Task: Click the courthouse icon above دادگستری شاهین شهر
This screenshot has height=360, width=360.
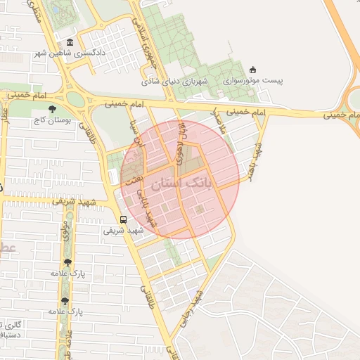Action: tap(69, 42)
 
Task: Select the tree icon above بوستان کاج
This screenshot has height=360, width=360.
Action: tap(52, 109)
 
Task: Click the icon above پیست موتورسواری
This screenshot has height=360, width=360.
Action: tap(253, 70)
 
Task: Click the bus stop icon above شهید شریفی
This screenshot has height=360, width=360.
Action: tap(123, 219)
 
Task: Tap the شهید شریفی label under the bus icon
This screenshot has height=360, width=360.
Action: tap(123, 230)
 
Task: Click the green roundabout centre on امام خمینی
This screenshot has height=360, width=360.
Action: tap(79, 99)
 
